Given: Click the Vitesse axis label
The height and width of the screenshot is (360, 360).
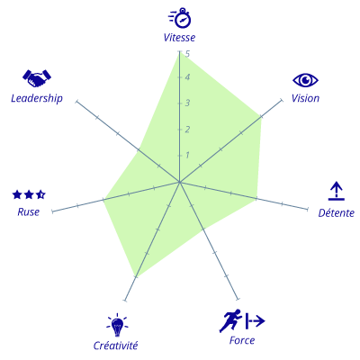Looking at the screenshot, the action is [x=179, y=38].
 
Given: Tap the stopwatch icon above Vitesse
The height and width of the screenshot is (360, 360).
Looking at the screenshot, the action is [x=180, y=18].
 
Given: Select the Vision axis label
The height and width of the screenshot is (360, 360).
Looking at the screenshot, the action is [x=305, y=98].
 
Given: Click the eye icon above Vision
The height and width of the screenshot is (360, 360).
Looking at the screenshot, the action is [x=305, y=80].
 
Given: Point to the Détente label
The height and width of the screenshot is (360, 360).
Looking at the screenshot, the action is [x=337, y=212].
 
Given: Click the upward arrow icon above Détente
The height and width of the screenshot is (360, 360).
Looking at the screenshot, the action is [x=337, y=191].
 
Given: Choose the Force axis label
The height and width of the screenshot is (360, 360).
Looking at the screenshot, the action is [x=242, y=340].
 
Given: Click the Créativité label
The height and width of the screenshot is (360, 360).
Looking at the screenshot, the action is [x=115, y=346].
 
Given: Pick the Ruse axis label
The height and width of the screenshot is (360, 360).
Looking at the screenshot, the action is [x=29, y=211].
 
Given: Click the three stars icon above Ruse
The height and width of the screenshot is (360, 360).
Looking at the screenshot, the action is [x=29, y=194].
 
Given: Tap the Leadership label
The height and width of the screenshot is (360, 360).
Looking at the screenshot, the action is [x=37, y=98].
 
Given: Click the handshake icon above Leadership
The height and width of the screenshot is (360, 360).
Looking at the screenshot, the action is [x=37, y=78].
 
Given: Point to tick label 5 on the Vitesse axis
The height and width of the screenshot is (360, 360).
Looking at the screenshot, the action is [x=188, y=54].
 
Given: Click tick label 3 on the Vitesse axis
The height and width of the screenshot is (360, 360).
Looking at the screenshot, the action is [x=187, y=103].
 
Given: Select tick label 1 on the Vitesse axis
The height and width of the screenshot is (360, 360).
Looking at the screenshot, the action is [x=187, y=155].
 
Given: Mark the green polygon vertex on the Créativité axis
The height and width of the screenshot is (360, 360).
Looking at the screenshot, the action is [x=136, y=277].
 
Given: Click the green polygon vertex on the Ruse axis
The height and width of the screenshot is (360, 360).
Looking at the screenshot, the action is [x=103, y=199].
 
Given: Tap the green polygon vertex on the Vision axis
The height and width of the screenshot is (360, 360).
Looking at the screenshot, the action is [x=261, y=116].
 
